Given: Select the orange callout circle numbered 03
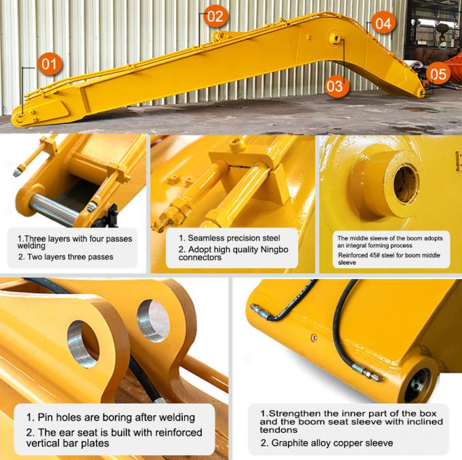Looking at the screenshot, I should coord(335,86).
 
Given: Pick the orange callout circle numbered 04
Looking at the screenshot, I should coord(383,24).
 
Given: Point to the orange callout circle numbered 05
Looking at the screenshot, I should coord(439,73).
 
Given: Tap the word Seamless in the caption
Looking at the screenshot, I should coord(207,238).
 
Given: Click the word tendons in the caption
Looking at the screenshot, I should coord(279,430).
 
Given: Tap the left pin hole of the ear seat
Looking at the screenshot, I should coord(83,343).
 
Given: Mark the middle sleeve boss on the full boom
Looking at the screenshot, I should coord(336,38).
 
